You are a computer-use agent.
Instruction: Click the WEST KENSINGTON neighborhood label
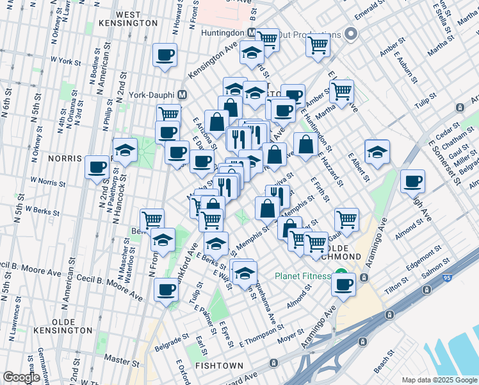[128, 19]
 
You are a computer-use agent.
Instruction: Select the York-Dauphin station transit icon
[183, 95]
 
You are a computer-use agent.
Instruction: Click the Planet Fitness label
[303, 277]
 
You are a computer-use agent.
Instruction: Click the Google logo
[21, 377]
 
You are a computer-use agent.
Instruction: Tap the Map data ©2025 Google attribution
[438, 380]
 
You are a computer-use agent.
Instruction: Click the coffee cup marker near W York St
[165, 55]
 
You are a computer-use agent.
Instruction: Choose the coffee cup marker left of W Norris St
[97, 167]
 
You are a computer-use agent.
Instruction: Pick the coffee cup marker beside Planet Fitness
[343, 284]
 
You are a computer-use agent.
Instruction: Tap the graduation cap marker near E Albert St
[377, 152]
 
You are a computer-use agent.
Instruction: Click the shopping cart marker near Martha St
[342, 92]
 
